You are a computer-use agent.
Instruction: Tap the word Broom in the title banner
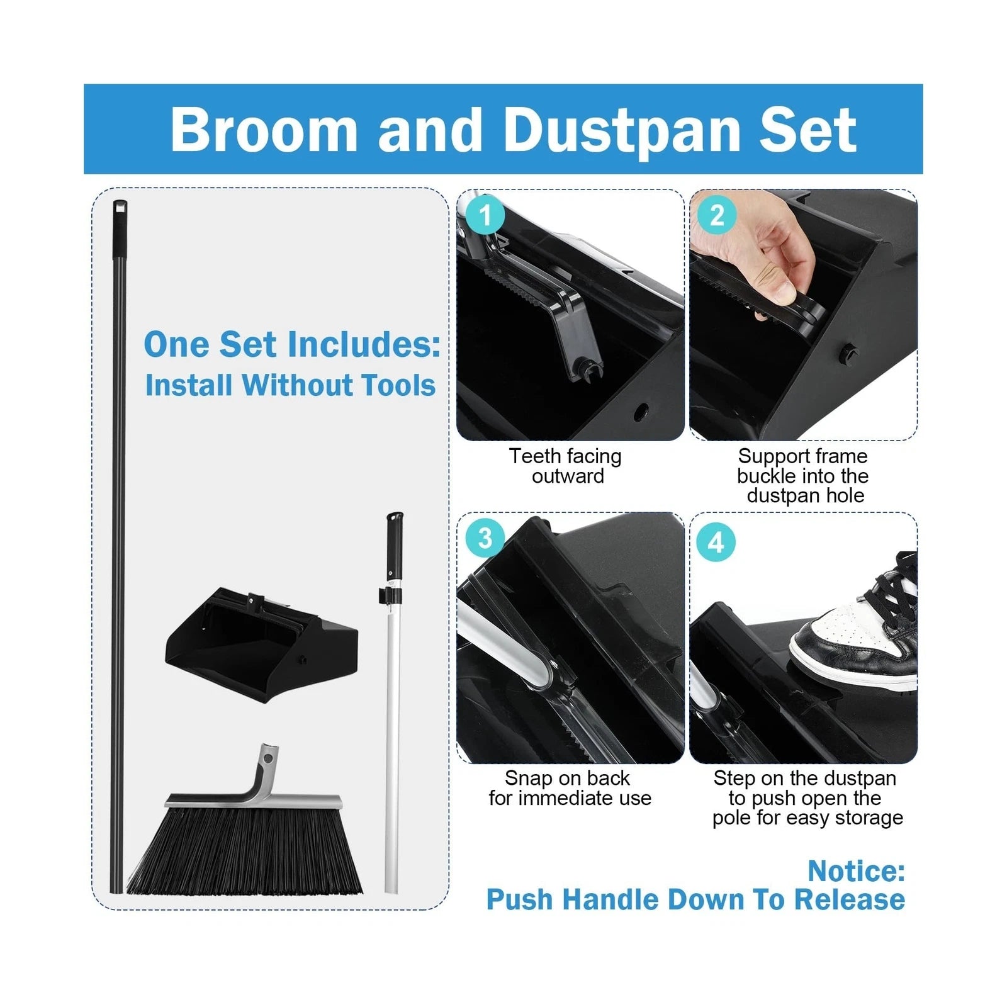(x=264, y=130)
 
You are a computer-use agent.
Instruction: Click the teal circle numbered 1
(x=485, y=215)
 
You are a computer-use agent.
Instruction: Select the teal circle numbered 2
(x=717, y=215)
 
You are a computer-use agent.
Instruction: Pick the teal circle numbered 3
(x=485, y=538)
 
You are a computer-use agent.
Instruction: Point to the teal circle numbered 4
(x=716, y=542)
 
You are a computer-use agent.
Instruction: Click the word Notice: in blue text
(x=856, y=871)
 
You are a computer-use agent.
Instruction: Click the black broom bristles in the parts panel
(x=245, y=853)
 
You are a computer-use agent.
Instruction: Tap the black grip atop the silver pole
(x=395, y=544)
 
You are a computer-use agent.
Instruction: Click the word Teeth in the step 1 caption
(x=532, y=456)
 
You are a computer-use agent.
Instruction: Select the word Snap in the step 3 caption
(x=527, y=778)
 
